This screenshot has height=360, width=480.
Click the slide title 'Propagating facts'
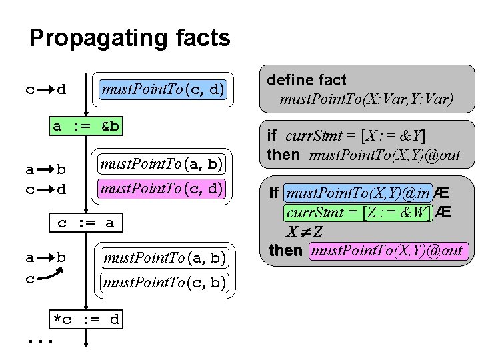130,38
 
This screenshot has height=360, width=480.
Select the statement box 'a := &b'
86,126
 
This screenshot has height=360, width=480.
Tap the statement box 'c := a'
86,223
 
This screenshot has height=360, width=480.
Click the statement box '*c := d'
86,319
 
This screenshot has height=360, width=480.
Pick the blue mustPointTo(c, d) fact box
163,89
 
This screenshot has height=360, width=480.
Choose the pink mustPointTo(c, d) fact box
162,188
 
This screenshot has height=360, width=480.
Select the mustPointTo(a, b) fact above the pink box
162,162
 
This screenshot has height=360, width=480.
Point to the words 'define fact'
307,80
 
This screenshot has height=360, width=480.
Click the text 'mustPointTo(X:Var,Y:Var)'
366,100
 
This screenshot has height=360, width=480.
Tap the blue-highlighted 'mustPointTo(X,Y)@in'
358,193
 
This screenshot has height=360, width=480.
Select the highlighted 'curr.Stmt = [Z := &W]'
358,213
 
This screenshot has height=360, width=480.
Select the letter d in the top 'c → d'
62,89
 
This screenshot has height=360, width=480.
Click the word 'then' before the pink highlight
285,251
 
